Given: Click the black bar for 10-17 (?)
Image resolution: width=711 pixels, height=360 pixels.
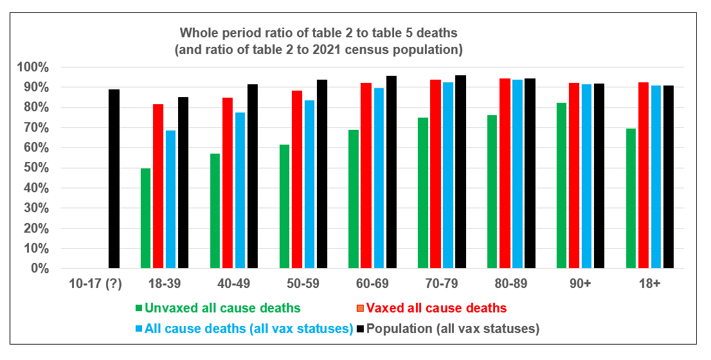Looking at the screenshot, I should [x=114, y=179].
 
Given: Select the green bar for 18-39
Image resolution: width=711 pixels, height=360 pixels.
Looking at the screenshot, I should [x=145, y=218].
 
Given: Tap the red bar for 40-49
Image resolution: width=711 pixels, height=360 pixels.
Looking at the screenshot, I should [x=227, y=183].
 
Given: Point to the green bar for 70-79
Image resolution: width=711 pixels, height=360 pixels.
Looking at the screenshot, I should [x=422, y=193].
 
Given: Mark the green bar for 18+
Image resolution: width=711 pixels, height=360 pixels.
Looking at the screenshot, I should [x=631, y=198].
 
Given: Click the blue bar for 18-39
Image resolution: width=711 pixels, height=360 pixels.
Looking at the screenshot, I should [x=170, y=199].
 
